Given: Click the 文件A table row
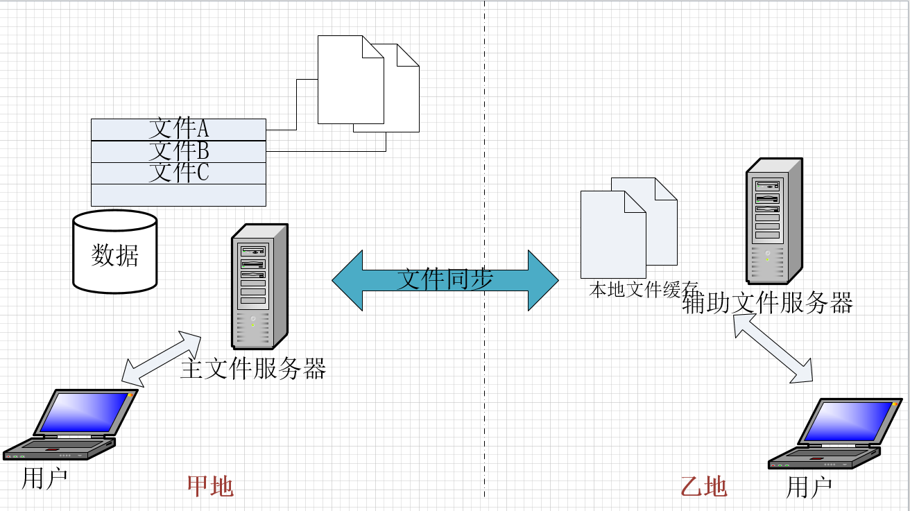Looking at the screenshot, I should [x=178, y=129].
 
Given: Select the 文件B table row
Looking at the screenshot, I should [x=178, y=151].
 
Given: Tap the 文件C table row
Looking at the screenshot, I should [x=178, y=173].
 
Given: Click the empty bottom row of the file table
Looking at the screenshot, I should [x=178, y=195].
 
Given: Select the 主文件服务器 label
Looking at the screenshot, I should [x=253, y=369].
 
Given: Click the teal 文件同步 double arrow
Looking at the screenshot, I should [x=445, y=280].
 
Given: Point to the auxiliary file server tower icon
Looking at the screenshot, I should [x=773, y=221].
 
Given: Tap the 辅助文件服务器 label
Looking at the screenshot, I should [x=767, y=303].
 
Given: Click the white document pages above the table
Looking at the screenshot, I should [x=368, y=83].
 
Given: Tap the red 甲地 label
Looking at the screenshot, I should [x=210, y=486].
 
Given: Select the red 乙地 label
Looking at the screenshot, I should [x=704, y=487].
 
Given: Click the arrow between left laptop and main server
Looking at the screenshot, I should [x=161, y=358].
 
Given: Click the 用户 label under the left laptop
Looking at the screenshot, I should [x=44, y=478].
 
